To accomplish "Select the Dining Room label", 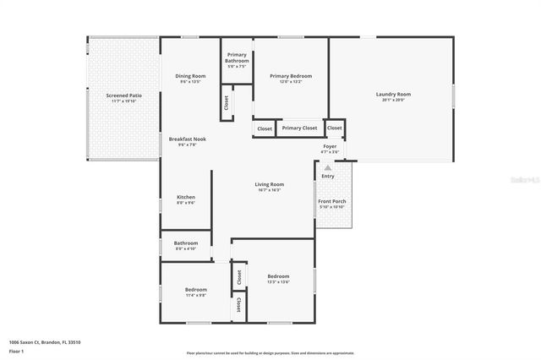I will click(190, 76).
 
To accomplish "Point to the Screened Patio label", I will click(123, 95).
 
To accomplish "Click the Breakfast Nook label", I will click(187, 139).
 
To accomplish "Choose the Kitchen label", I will click(186, 197).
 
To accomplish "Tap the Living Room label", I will click(270, 184).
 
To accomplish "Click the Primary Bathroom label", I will click(237, 57).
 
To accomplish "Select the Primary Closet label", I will click(299, 128).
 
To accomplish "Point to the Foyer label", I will click(330, 146).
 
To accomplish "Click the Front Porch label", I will click(331, 201).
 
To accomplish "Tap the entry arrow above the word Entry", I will click(327, 168).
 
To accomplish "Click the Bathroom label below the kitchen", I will click(186, 243).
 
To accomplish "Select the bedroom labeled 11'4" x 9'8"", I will click(196, 290).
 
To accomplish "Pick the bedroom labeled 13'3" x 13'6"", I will click(278, 276).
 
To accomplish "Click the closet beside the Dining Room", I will click(226, 102).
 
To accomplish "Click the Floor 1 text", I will click(17, 350).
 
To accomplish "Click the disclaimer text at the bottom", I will click(270, 352).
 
